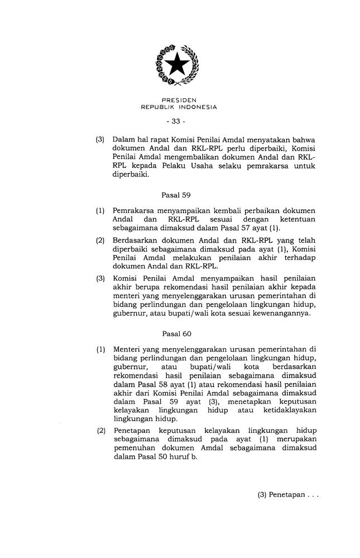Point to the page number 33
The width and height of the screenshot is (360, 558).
click(x=179, y=121)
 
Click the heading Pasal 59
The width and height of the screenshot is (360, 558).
click(x=176, y=195)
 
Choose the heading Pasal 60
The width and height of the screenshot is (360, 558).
click(x=176, y=334)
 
